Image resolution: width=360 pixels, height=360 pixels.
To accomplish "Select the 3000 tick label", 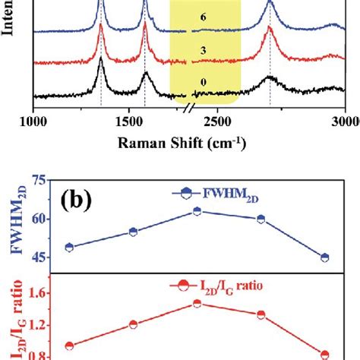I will tap(346, 121).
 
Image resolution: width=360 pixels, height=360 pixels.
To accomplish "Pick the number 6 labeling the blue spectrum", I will tap(194, 15).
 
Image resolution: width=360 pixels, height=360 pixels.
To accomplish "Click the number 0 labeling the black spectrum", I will tap(194, 81).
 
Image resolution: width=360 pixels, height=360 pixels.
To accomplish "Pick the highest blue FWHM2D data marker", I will tap(197, 211).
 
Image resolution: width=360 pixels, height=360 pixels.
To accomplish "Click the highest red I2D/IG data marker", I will tap(197, 303).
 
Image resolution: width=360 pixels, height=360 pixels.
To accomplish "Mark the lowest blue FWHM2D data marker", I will tap(325, 257).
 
